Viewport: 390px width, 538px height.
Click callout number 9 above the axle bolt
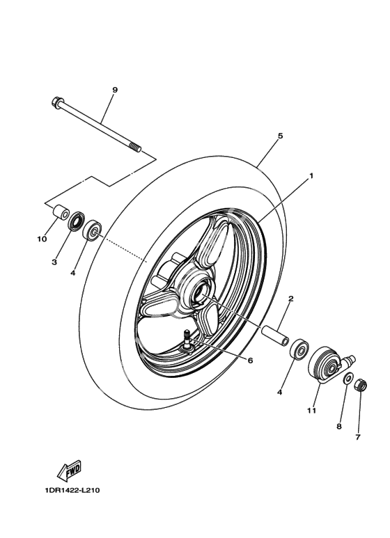click(115, 90)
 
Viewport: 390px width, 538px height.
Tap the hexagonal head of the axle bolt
click(56, 102)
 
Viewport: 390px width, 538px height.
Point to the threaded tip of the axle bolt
click(134, 148)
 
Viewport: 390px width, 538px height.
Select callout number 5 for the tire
click(280, 136)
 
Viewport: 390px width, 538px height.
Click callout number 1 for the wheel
click(311, 175)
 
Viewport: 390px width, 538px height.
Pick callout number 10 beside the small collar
click(42, 239)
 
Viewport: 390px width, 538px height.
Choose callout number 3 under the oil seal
click(54, 262)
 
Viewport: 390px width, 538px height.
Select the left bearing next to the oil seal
click(92, 231)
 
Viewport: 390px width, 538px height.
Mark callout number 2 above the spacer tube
click(290, 299)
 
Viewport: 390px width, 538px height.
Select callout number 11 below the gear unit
click(312, 411)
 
